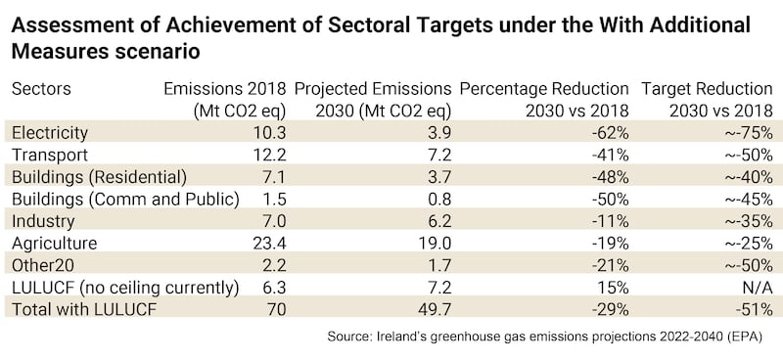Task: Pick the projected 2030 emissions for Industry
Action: click(438, 221)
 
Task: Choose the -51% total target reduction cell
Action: click(757, 309)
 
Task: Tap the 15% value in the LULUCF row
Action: click(616, 288)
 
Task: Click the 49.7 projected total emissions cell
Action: click(434, 309)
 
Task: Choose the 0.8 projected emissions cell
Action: click(438, 199)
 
